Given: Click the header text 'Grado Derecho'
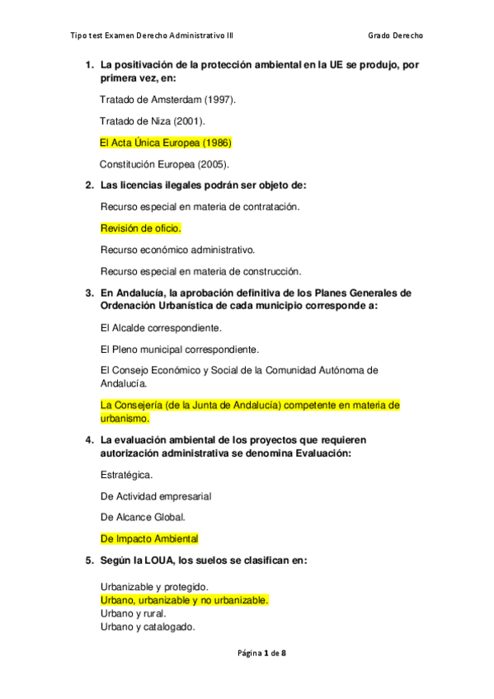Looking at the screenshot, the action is [x=400, y=35].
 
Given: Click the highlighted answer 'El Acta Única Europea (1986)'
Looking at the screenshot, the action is [x=165, y=142].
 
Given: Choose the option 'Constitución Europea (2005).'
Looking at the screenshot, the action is [x=164, y=163].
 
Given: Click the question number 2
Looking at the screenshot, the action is [x=89, y=185].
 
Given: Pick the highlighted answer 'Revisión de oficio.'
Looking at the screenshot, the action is [x=140, y=228].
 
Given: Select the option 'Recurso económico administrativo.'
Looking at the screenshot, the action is [x=177, y=249].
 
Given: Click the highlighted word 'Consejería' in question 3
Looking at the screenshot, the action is [x=141, y=406].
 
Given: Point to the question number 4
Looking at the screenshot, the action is [x=89, y=439].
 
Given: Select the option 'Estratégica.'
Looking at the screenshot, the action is [x=125, y=475].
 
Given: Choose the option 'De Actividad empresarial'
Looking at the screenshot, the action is [x=156, y=496].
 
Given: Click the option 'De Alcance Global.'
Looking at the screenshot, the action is [x=143, y=518].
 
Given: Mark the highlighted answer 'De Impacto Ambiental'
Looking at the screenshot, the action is [x=149, y=539].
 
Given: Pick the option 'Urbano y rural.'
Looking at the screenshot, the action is [x=133, y=613].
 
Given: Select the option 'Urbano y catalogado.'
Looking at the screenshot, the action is [x=147, y=626].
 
